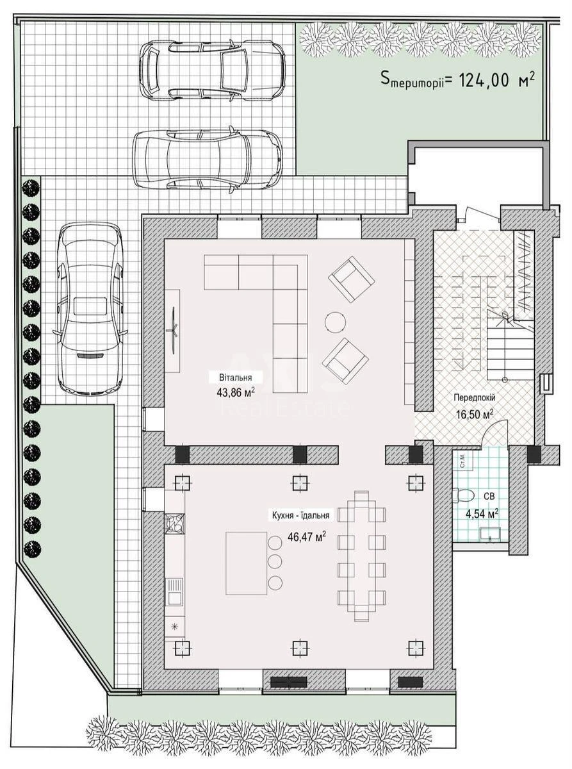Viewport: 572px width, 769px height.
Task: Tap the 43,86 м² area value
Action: tap(236, 392)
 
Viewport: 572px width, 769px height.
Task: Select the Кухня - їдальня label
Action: tap(300, 515)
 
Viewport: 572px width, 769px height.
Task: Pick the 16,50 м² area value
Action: tap(474, 414)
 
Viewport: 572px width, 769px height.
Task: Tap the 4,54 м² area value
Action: tap(481, 513)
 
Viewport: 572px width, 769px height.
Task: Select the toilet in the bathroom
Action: tap(462, 495)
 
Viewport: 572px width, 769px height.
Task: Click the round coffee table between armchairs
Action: tap(334, 321)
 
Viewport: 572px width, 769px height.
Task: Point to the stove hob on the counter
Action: tap(174, 524)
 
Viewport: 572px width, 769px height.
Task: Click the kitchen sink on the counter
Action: tap(174, 591)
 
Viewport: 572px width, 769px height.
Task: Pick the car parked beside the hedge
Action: tap(90, 308)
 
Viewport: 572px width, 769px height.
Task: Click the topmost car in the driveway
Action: tap(212, 70)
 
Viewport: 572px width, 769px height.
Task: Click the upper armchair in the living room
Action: tap(351, 279)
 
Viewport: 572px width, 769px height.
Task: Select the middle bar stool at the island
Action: tap(275, 562)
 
